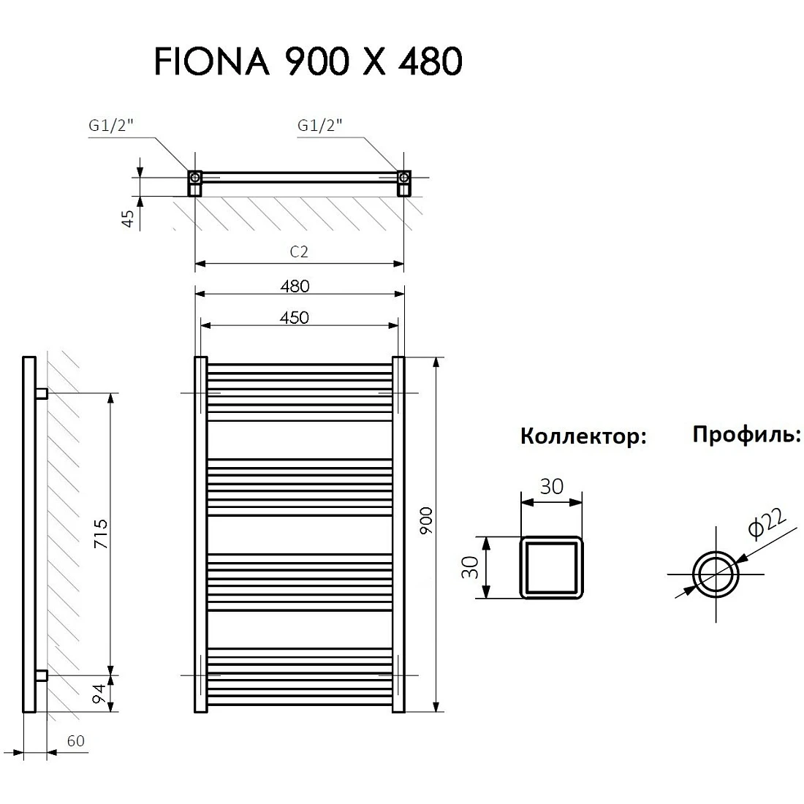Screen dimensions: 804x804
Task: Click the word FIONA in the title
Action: (x=212, y=61)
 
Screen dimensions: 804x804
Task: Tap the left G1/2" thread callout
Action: (x=111, y=126)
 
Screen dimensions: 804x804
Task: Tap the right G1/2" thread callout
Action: (x=320, y=126)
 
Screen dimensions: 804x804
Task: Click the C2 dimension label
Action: (x=299, y=251)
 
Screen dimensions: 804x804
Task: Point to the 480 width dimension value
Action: (x=295, y=286)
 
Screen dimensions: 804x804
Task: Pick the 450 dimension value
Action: (x=295, y=318)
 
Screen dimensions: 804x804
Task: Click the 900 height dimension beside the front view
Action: (x=426, y=521)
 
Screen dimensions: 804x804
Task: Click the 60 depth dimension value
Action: (x=75, y=741)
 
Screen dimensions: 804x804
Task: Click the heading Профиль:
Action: (x=746, y=434)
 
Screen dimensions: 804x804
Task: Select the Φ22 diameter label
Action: (x=767, y=523)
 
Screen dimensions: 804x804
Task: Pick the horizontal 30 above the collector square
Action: (x=552, y=487)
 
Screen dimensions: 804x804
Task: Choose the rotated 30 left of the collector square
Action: (x=470, y=568)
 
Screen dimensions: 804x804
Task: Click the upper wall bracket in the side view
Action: (x=42, y=394)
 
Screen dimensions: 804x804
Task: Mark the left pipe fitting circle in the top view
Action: (x=195, y=178)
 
